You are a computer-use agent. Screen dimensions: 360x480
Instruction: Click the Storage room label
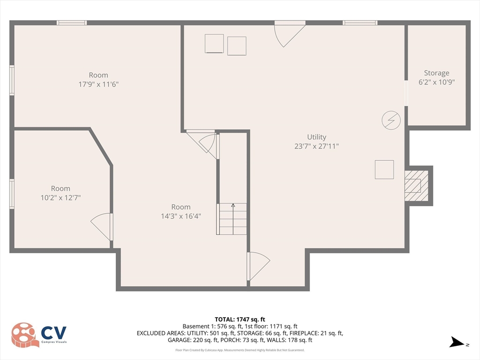[436, 73]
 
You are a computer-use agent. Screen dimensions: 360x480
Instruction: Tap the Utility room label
[316, 137]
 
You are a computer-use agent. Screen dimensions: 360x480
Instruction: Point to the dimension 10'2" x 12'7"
[60, 198]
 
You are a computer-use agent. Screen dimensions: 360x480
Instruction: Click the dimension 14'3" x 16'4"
[180, 216]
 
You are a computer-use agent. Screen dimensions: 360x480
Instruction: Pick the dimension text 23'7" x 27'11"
[316, 146]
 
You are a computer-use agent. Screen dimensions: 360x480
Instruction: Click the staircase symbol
[232, 219]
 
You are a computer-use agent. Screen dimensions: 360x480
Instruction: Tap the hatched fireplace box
[416, 185]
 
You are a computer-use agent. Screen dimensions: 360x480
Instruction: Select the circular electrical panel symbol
[391, 120]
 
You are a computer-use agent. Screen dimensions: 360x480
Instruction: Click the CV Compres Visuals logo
[39, 335]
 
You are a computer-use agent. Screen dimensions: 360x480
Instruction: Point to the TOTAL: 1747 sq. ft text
[240, 319]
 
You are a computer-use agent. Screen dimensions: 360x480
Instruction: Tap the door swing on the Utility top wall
[288, 34]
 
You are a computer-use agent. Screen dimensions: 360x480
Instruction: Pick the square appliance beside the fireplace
[384, 170]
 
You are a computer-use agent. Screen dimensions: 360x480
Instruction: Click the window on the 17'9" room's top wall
[72, 22]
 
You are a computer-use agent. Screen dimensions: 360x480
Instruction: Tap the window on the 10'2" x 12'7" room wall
[12, 193]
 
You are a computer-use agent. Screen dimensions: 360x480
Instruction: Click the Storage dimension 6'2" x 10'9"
[436, 82]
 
